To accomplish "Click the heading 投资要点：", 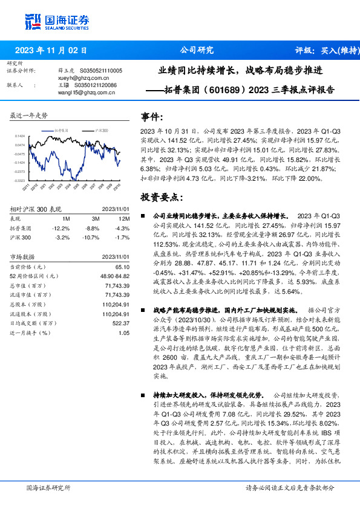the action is tap(162, 197).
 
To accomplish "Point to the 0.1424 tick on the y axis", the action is tap(21, 137).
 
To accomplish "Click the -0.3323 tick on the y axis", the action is tap(21, 180).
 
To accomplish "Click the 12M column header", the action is tap(123, 218).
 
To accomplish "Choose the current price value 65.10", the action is tap(123, 267).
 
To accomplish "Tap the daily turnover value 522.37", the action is tap(122, 323).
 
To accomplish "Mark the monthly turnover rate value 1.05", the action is tap(124, 333).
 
